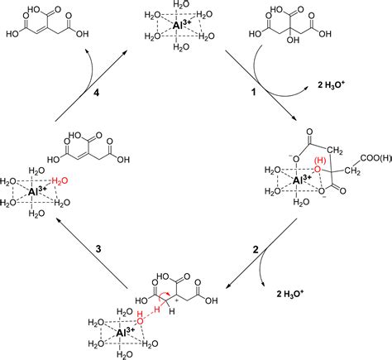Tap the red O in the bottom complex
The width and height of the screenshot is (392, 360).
(x=142, y=316)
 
